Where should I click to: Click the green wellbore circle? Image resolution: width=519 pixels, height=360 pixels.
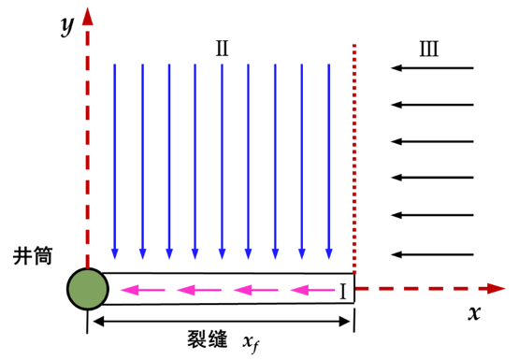(88, 289)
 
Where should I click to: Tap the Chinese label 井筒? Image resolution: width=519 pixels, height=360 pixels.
(33, 256)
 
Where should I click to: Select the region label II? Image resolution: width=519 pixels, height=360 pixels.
(223, 49)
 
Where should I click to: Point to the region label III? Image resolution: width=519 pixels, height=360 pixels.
(429, 49)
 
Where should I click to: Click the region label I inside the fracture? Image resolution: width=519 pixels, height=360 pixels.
(343, 292)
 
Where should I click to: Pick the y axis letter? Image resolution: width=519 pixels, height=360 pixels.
(67, 25)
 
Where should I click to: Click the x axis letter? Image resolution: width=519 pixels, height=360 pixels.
(474, 312)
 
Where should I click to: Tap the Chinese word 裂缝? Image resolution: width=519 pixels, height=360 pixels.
(208, 339)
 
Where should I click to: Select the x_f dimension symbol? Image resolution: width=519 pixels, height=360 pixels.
(251, 343)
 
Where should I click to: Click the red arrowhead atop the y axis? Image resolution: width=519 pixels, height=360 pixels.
(87, 17)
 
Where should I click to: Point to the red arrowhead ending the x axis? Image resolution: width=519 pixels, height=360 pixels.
(497, 289)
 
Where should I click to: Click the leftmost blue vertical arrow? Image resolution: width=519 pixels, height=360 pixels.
(115, 161)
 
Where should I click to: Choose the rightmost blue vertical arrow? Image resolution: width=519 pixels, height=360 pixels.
(328, 161)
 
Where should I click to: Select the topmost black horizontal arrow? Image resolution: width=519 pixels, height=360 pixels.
(432, 68)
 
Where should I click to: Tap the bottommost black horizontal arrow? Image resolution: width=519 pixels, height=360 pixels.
(432, 254)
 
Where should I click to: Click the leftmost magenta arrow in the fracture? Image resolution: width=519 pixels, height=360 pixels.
(143, 290)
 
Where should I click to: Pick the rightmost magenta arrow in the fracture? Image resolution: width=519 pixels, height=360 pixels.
(312, 290)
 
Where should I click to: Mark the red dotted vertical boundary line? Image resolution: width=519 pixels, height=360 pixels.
(354, 159)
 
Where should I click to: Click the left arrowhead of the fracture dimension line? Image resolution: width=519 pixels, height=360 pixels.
(98, 322)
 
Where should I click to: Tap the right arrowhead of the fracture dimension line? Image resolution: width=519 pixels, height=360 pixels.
(345, 322)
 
